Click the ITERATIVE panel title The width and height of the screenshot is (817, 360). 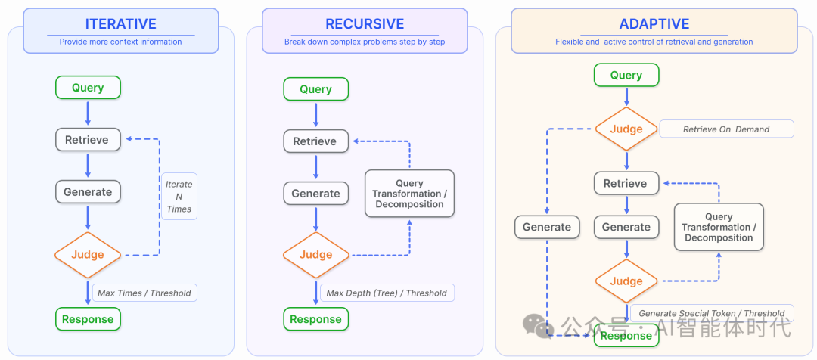(120, 23)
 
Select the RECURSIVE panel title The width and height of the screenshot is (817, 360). (365, 23)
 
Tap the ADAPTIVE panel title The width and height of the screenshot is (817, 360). (654, 23)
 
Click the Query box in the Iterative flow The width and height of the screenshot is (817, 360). (88, 88)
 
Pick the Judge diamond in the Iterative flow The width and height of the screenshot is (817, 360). (88, 255)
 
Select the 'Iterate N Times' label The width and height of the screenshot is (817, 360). (179, 197)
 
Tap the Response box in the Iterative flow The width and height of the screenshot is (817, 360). (88, 319)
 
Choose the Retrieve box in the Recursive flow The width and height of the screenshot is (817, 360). (315, 141)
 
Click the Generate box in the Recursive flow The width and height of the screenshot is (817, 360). (315, 193)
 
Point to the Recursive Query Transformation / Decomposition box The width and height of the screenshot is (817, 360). (409, 194)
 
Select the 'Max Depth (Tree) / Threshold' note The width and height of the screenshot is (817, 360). (387, 293)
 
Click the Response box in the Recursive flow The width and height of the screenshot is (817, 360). (315, 319)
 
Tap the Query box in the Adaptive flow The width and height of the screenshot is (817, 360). (626, 75)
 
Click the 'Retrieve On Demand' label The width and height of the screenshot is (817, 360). (726, 129)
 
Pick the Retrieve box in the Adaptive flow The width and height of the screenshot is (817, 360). (626, 183)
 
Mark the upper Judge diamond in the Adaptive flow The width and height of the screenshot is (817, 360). (626, 129)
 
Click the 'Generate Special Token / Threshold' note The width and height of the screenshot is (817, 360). (712, 313)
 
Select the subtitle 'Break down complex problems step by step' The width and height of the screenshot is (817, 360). (365, 42)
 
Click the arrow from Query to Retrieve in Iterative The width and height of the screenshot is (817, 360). (88, 113)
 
